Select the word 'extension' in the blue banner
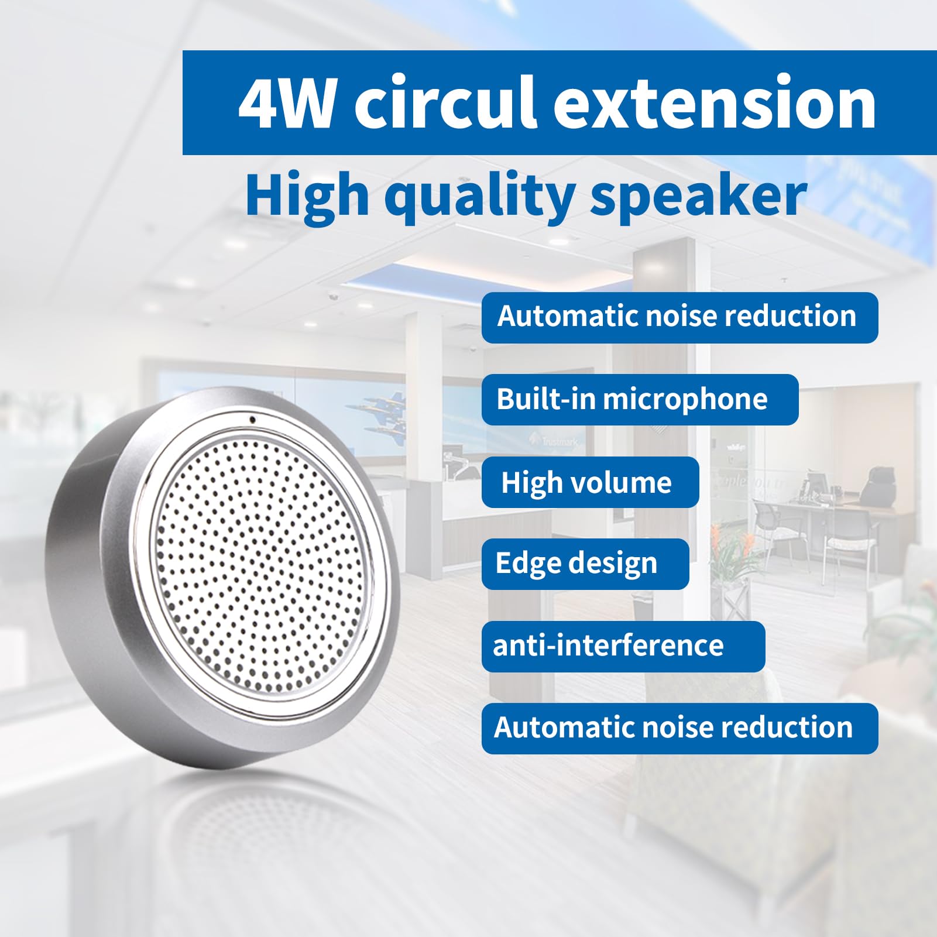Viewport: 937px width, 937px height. [715, 102]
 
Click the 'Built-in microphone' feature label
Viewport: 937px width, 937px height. [640, 400]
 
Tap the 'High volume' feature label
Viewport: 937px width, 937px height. [590, 482]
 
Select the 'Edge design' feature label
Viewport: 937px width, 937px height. [585, 564]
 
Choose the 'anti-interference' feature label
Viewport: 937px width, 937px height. [623, 646]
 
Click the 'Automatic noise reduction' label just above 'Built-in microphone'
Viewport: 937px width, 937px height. [679, 317]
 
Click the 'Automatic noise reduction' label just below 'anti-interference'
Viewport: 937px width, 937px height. [679, 728]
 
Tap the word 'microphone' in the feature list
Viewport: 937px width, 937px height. [685, 400]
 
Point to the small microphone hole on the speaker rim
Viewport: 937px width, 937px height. [252, 419]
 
